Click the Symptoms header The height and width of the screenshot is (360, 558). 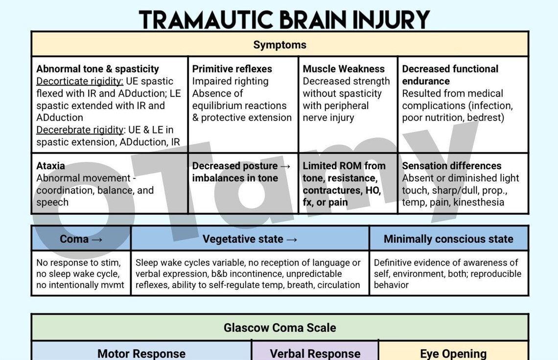[279, 45]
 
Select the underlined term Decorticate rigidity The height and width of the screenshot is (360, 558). [80, 81]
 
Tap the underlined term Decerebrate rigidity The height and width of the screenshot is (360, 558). [80, 130]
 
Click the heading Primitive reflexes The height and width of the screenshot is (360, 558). [232, 69]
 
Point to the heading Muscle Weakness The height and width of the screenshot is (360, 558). [344, 69]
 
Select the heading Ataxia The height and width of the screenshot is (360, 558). [50, 166]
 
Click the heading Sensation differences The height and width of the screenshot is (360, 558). [451, 166]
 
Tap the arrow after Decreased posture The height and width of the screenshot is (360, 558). [286, 166]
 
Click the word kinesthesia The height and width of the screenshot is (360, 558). [479, 202]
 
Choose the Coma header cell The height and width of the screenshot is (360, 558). [81, 239]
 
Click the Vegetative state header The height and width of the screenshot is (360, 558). [250, 239]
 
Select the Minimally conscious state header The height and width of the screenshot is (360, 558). [448, 239]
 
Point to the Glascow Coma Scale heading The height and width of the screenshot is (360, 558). [279, 327]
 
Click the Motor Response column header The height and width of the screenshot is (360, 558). [141, 353]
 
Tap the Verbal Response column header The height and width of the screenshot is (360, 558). [315, 353]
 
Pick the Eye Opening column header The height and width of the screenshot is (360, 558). [453, 353]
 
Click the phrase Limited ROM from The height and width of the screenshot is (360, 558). [344, 166]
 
